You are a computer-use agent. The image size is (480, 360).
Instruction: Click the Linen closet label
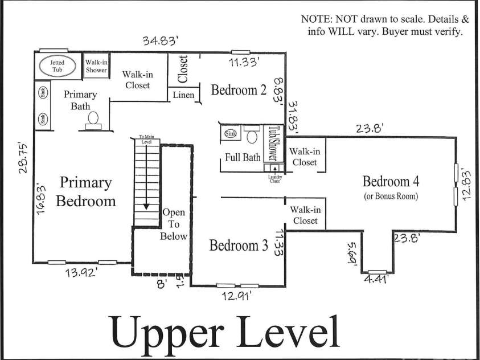click(183, 95)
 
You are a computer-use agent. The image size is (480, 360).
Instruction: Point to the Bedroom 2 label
click(239, 90)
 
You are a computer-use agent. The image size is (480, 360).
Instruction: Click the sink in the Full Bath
click(230, 134)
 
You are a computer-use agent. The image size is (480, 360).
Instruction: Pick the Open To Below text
click(174, 224)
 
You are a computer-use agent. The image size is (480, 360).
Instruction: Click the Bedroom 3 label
click(239, 246)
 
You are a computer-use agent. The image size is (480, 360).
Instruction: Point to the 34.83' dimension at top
click(161, 40)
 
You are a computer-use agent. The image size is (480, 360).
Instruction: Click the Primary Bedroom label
click(88, 192)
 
